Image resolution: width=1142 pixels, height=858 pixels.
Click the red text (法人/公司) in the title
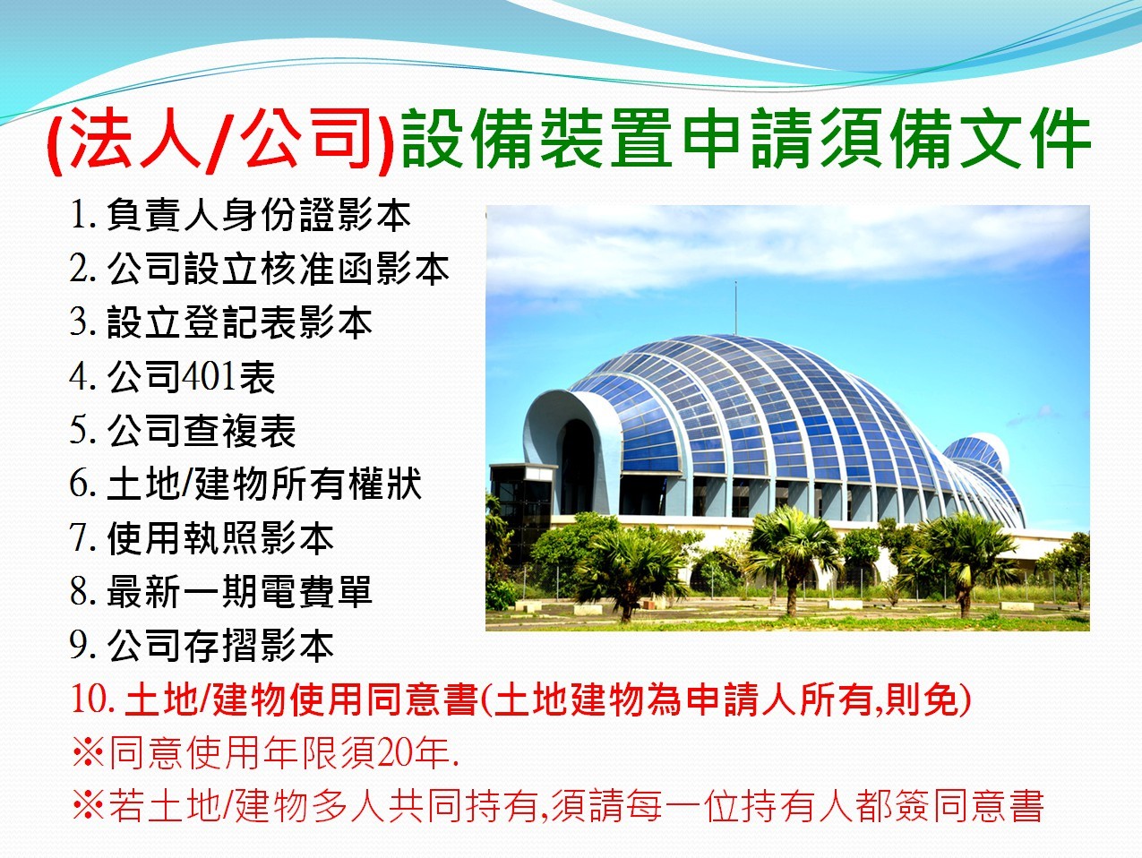[220, 141]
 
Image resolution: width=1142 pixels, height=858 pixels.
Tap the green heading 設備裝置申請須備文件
[745, 139]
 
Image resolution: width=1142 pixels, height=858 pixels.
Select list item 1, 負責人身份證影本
[240, 215]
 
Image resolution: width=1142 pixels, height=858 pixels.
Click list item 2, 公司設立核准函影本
[259, 269]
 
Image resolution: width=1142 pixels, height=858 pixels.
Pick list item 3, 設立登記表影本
[220, 322]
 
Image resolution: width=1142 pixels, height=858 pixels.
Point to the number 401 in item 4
[208, 376]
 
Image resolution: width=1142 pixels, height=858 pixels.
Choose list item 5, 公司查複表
[182, 430]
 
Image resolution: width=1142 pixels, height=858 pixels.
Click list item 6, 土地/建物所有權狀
[245, 485]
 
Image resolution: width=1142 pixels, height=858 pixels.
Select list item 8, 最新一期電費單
[220, 592]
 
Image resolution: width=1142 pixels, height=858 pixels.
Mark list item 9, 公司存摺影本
[202, 646]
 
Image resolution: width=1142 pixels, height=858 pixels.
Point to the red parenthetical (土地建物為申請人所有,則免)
[726, 699]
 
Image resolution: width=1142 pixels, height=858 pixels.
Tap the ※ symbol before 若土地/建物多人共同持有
[89, 807]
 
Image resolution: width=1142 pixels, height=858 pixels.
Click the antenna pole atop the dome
[735, 308]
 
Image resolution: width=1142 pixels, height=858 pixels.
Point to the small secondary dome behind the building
[976, 453]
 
